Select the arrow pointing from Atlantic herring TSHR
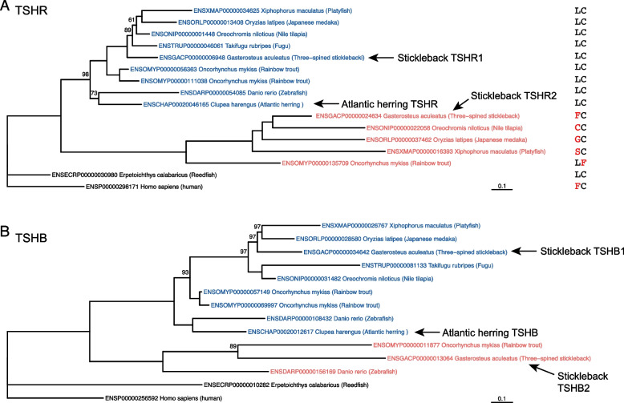(328, 104)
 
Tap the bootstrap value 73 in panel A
(94, 94)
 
